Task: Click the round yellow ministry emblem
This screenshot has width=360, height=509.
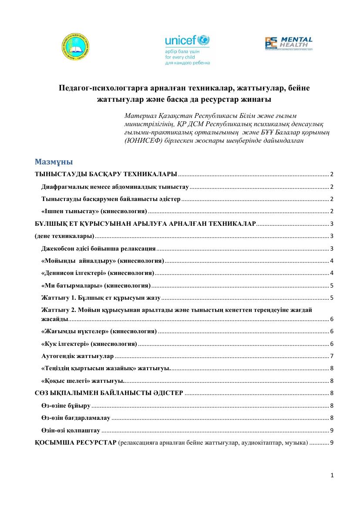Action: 77,47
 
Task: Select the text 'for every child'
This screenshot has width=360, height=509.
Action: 180,57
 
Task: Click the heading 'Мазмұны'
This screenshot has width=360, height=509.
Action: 54,163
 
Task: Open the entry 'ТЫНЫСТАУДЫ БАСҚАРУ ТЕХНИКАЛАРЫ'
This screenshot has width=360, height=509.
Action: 106,174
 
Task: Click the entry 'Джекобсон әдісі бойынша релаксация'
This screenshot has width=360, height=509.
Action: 98,248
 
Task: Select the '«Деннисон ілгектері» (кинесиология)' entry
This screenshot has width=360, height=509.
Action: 98,273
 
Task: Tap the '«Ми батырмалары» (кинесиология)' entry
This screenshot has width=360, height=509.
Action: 96,285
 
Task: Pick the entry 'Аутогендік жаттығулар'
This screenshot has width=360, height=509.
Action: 77,356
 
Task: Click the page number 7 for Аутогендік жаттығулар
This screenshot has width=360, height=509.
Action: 332,356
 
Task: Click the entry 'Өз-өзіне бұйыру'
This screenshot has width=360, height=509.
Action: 66,405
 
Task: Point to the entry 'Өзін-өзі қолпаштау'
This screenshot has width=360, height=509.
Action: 71,430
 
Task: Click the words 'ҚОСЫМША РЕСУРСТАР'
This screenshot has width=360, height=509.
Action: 75,443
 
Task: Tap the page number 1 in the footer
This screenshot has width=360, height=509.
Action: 332,476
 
